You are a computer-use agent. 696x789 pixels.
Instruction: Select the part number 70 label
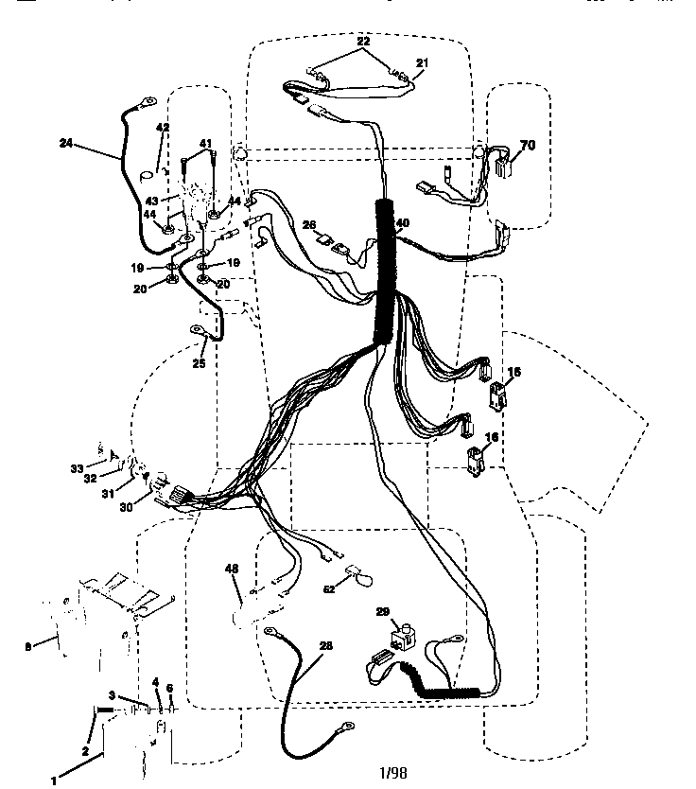528,146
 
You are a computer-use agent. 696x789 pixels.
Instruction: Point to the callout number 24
65,144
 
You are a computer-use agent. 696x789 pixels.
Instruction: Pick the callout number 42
163,128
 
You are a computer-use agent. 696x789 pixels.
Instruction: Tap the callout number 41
205,143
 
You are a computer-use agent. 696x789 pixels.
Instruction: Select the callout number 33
76,467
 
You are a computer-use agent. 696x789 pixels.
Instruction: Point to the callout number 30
127,505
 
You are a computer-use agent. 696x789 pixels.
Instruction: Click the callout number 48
231,569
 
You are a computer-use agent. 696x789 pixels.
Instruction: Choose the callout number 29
383,613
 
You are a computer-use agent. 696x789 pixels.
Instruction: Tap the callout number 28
325,645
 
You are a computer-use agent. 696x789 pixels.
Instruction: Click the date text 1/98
392,773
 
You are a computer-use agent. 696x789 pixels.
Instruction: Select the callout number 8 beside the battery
26,647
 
